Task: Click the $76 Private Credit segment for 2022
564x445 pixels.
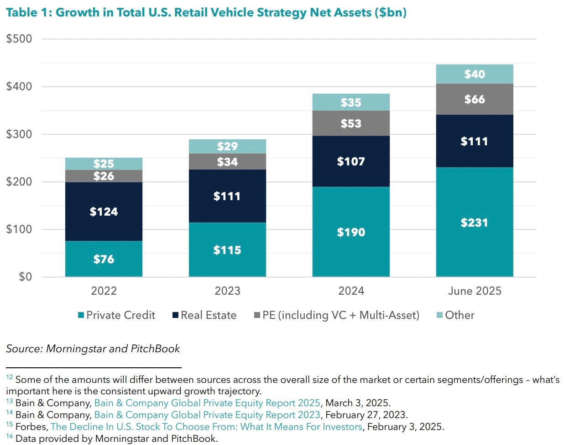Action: (x=104, y=259)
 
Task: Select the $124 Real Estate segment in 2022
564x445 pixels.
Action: (x=104, y=212)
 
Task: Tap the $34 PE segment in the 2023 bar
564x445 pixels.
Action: (x=227, y=162)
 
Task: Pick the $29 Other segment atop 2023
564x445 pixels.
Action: (x=227, y=147)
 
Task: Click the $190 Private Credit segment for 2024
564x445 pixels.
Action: (x=351, y=232)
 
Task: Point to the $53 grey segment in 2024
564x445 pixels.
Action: (x=351, y=123)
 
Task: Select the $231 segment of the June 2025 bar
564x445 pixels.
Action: (x=475, y=222)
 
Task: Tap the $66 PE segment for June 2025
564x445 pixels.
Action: (x=475, y=99)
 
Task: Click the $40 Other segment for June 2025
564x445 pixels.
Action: (x=475, y=74)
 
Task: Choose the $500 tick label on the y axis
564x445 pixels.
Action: (x=19, y=39)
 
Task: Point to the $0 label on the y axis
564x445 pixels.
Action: (x=25, y=277)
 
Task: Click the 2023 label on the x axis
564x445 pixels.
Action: (x=227, y=291)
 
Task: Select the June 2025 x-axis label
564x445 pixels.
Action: (x=475, y=291)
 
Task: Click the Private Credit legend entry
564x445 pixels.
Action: (x=117, y=315)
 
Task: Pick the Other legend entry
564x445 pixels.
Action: (x=456, y=315)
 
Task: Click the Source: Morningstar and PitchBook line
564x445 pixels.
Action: (x=93, y=349)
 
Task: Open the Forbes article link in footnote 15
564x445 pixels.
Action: (x=206, y=427)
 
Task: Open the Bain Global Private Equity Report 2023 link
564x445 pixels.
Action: (x=207, y=415)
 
